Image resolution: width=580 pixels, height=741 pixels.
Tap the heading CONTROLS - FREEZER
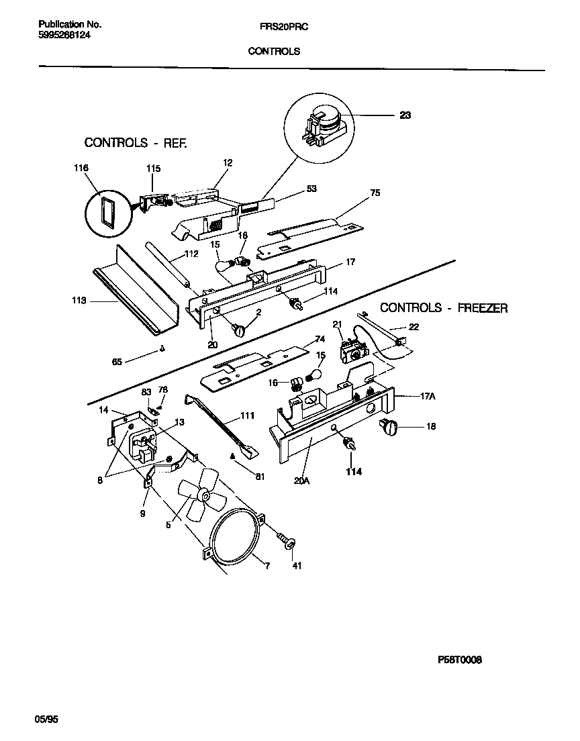pos(444,308)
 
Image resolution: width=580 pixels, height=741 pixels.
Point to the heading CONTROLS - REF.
pos(135,142)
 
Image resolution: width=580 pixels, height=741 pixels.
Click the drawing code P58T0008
pos(459,659)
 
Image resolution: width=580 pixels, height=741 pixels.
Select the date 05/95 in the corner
pos(46,719)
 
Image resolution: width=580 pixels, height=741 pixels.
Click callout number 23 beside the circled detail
pos(405,115)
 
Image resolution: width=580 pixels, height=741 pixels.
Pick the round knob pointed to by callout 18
pos(389,426)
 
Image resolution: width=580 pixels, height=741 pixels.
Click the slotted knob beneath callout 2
pos(240,329)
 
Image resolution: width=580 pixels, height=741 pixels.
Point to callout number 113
pos(79,301)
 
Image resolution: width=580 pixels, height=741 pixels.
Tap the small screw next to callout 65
pos(162,348)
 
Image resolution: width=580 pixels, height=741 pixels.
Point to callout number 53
pos(311,189)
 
